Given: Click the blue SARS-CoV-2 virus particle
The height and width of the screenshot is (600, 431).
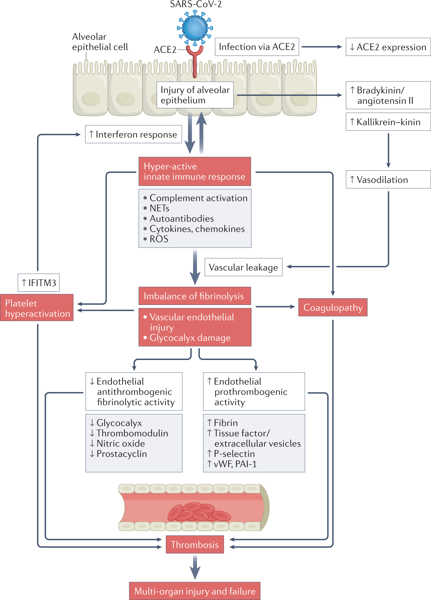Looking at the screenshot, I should [195, 27].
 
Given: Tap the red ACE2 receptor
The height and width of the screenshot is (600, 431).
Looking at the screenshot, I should [195, 59].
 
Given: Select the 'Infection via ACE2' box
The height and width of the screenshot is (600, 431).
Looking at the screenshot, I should [257, 47].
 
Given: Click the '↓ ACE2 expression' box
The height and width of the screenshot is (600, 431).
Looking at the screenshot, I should [388, 47].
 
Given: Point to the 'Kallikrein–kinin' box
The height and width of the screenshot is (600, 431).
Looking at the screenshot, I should [388, 122].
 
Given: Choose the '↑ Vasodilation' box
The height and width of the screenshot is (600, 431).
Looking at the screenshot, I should [388, 180].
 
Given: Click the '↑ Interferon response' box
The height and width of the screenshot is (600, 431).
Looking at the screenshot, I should [133, 134].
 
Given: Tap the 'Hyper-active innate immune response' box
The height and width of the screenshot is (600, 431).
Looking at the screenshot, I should [195, 171].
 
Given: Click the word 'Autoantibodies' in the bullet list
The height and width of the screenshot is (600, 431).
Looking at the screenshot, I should [182, 219].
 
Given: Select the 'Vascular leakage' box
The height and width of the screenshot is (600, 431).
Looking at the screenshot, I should [243, 267].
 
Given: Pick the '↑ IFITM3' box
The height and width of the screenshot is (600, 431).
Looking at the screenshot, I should [39, 283].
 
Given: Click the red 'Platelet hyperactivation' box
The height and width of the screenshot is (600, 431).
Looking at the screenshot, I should [37, 308].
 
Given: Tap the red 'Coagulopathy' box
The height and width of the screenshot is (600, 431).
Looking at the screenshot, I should [333, 307].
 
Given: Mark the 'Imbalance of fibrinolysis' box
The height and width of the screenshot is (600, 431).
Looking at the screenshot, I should [195, 296].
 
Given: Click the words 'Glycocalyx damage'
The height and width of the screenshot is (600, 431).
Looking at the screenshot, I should [190, 338].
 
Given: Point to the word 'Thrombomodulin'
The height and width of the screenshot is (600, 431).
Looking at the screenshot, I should [132, 433].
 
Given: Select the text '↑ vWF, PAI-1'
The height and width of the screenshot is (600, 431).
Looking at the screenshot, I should [232, 464].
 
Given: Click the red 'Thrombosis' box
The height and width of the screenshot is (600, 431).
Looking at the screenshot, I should [195, 544].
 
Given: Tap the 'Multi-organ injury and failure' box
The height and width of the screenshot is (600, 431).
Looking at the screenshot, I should [195, 591].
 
